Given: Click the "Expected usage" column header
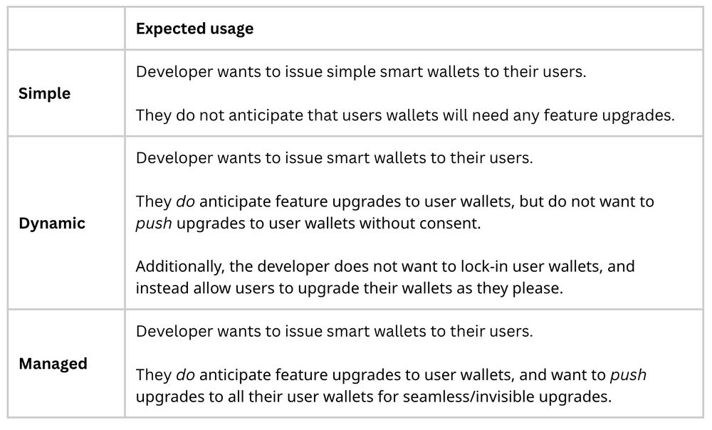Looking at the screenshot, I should [x=194, y=28].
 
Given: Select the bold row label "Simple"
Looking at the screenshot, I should [x=44, y=93].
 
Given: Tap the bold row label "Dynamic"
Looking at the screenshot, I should [x=52, y=223].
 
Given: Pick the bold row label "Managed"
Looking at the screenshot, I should [x=53, y=363].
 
